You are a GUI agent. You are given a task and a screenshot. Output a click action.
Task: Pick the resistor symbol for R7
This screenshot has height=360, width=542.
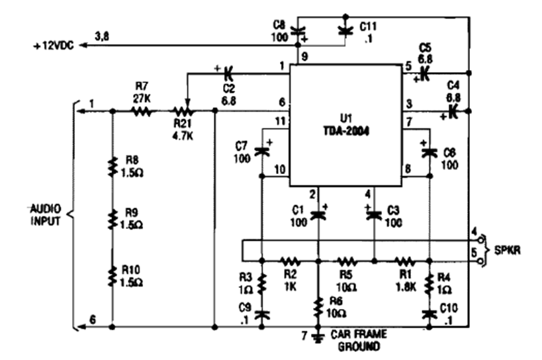[141, 112]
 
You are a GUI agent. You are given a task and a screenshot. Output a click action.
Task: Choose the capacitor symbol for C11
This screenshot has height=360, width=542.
[345, 28]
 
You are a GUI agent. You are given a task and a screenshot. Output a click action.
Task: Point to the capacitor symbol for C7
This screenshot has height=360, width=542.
[261, 150]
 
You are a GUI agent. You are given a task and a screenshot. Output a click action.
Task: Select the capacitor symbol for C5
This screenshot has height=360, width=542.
[424, 72]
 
